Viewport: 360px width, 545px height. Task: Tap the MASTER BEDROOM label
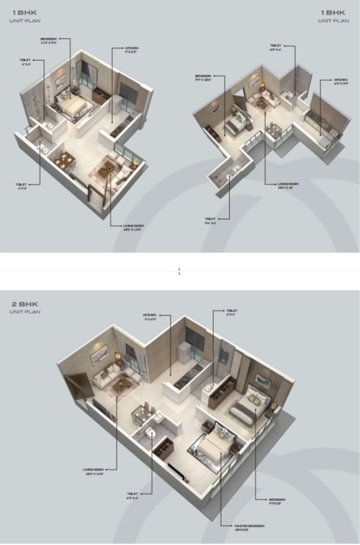click(x=249, y=526)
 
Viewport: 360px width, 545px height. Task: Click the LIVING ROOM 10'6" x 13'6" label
click(x=133, y=226)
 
